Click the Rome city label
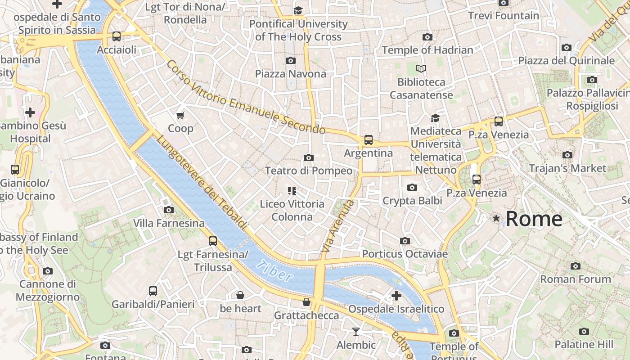point(534,219)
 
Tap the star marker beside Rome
point(496,218)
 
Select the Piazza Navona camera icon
point(291,60)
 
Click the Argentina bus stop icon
point(369,140)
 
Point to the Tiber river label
point(275,271)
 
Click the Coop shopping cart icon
point(180,115)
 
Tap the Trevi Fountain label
point(503,16)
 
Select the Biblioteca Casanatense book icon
point(421,69)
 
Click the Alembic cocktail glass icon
point(356,332)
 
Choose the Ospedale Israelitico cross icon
point(396,296)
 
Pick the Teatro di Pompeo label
point(309,171)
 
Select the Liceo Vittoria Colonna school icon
point(292,191)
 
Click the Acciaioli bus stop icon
point(117,36)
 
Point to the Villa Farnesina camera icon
point(169,210)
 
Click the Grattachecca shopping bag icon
point(306,302)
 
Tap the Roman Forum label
point(576,279)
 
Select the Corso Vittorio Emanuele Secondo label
point(246,97)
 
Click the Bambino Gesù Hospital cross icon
point(30,112)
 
